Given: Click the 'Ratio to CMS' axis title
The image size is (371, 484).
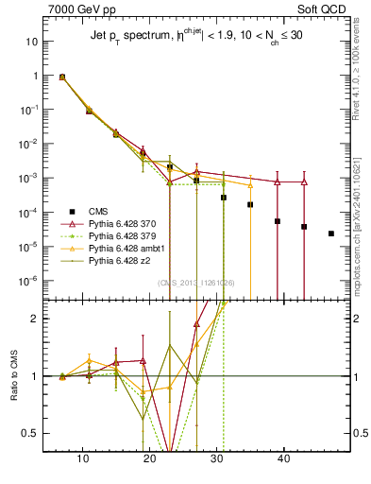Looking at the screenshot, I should tap(14, 375).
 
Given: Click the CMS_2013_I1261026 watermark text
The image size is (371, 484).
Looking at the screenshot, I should tap(196, 283).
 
